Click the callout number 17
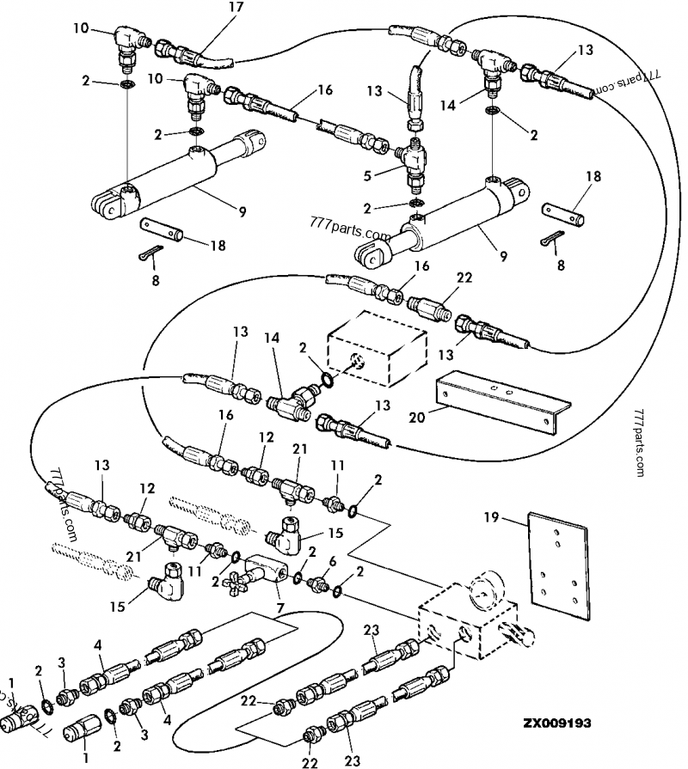coord(212,8)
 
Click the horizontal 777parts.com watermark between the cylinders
coord(353,233)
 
